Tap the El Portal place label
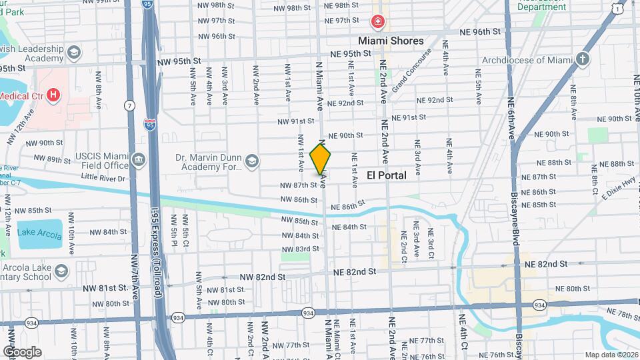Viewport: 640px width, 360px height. coord(387,175)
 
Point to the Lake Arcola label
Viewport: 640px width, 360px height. coord(39,232)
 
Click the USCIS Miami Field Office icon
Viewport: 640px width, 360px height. coord(139,159)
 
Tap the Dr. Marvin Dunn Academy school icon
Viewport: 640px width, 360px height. coord(252,161)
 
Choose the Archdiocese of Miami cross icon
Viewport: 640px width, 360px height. coord(583,59)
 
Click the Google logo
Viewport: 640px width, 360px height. coord(21,351)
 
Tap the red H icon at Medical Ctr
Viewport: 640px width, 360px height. coord(53,95)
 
